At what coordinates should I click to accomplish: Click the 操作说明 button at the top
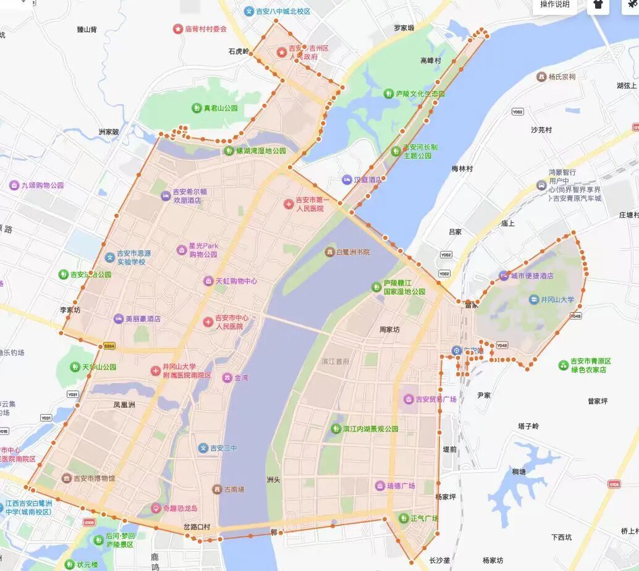click(x=554, y=5)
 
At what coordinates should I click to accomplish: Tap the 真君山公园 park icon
click(x=197, y=108)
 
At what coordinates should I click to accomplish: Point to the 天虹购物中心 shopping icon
click(x=208, y=281)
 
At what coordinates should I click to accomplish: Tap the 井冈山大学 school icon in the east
click(x=533, y=300)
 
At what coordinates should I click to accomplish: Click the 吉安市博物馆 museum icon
click(x=66, y=478)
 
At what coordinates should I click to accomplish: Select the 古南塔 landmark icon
click(x=217, y=489)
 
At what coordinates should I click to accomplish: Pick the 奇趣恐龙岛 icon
click(x=156, y=509)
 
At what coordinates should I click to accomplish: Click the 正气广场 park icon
click(x=404, y=518)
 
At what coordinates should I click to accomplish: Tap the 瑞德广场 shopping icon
click(x=379, y=486)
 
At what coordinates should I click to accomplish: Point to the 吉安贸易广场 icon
click(x=408, y=399)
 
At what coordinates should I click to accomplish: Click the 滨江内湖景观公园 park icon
click(x=336, y=428)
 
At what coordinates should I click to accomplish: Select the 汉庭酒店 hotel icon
click(x=346, y=180)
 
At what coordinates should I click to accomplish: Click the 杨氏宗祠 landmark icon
click(x=541, y=77)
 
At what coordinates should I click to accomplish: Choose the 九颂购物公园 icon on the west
click(x=14, y=185)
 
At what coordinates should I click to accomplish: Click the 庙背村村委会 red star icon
click(x=177, y=29)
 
